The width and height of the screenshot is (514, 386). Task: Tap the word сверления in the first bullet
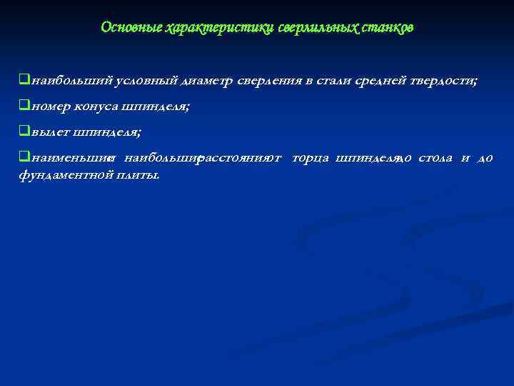click(x=269, y=81)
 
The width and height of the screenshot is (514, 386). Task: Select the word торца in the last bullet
click(x=311, y=158)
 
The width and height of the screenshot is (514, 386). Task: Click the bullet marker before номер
click(x=24, y=107)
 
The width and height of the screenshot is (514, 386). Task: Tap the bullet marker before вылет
click(x=24, y=132)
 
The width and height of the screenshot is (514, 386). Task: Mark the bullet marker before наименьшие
click(x=24, y=158)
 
